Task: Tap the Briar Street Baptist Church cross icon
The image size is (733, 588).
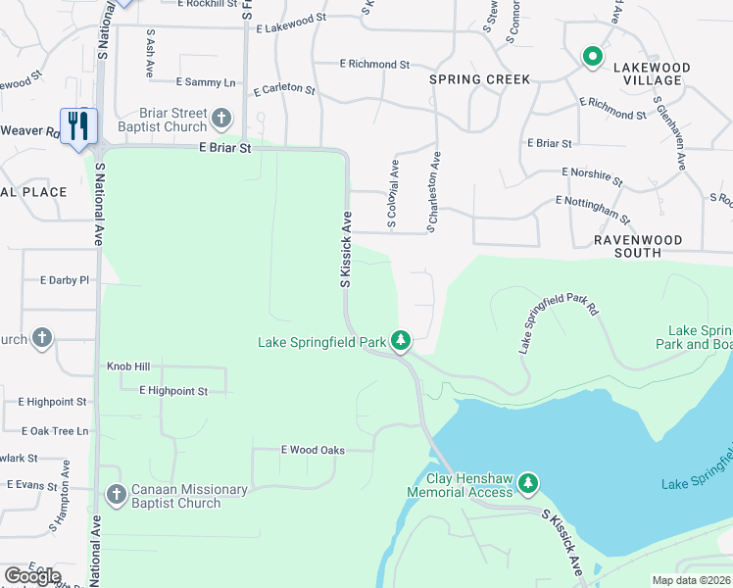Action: (221, 120)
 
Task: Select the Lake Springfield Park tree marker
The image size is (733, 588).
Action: (401, 341)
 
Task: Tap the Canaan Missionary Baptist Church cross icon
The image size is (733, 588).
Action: (116, 495)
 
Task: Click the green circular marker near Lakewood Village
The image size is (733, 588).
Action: (592, 57)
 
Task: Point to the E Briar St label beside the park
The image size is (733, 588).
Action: (225, 149)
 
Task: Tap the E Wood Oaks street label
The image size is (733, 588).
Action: (313, 450)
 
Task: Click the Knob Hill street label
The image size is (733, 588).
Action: (128, 367)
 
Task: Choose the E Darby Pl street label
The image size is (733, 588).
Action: (65, 280)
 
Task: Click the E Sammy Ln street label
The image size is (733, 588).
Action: (206, 82)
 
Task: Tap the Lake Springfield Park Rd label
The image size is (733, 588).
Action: (559, 321)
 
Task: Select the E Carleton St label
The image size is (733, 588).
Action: (284, 90)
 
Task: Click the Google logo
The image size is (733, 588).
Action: (32, 576)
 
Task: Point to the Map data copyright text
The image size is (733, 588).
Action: (692, 580)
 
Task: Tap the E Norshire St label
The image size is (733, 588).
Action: (592, 175)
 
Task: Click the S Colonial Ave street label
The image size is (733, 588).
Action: (392, 195)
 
